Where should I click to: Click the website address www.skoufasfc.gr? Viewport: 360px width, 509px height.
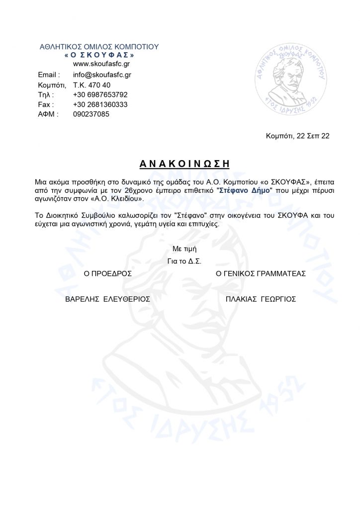pyautogui.click(x=102, y=64)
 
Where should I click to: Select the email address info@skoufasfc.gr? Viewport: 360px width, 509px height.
pyautogui.click(x=102, y=75)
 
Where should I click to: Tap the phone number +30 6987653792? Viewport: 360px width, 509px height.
pyautogui.click(x=100, y=94)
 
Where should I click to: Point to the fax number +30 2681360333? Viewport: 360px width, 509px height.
pyautogui.click(x=100, y=104)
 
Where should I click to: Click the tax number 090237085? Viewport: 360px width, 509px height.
pyautogui.click(x=91, y=114)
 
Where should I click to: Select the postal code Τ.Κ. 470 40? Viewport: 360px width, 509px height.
pyautogui.click(x=91, y=85)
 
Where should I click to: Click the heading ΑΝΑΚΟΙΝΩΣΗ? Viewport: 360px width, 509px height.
pyautogui.click(x=180, y=163)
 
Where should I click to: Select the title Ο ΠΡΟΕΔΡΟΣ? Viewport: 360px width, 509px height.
pyautogui.click(x=108, y=273)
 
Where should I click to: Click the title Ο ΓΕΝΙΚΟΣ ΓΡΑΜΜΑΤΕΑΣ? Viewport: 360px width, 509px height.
pyautogui.click(x=261, y=273)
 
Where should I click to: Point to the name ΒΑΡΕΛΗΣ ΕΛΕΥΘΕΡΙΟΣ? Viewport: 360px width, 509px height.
pyautogui.click(x=108, y=299)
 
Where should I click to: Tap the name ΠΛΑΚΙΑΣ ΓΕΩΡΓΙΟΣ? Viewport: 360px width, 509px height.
pyautogui.click(x=261, y=299)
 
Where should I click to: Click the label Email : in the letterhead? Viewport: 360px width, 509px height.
pyautogui.click(x=49, y=75)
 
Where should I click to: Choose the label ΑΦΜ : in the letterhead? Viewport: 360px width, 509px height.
pyautogui.click(x=48, y=114)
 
